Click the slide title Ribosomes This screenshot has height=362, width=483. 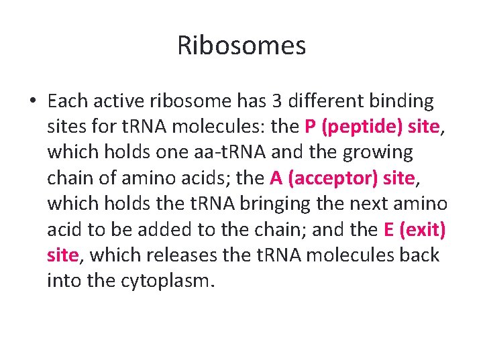[241, 46]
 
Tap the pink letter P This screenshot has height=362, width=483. [310, 127]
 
